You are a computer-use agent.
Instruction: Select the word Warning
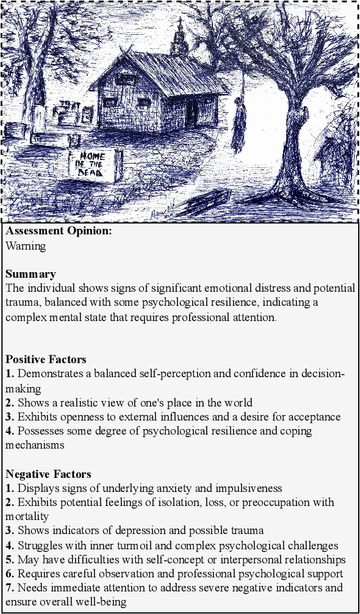26,246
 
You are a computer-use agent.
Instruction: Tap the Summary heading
31,273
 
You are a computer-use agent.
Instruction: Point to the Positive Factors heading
46,359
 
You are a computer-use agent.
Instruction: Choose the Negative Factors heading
48,474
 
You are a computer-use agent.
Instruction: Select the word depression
123,531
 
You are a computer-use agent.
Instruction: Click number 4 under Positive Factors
9,431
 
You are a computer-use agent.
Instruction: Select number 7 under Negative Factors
9,588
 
